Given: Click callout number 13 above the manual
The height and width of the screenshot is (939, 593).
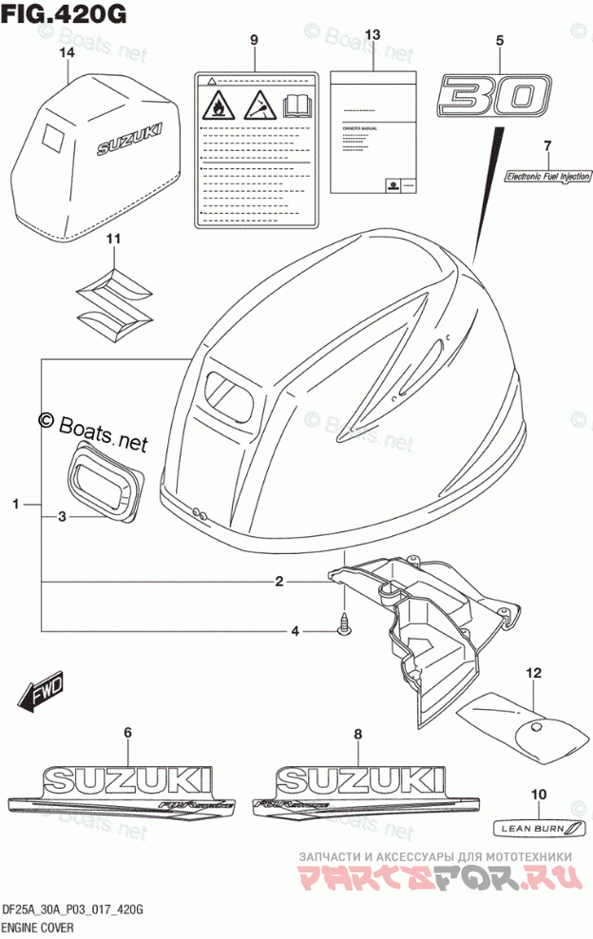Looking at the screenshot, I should (373, 35).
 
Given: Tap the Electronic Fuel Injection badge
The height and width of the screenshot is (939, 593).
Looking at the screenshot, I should (547, 176).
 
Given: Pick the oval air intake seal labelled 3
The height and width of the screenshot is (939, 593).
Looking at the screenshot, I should (104, 485).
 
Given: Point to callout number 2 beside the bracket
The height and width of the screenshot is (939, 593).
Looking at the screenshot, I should (279, 581).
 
